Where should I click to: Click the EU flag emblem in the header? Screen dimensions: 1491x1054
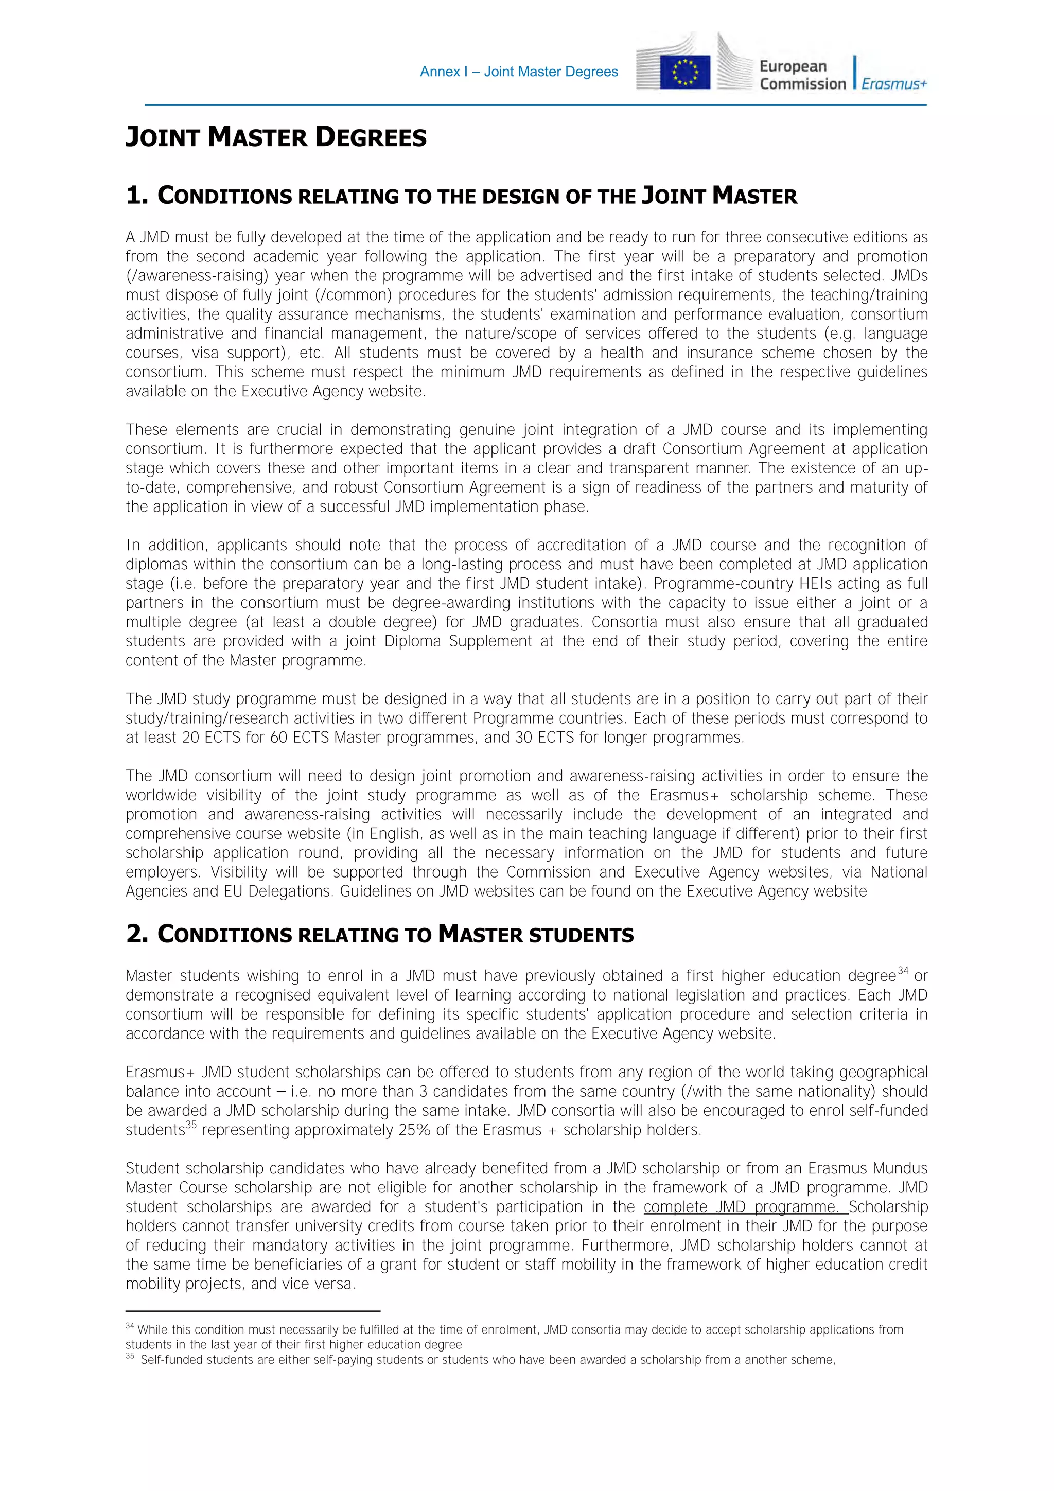684,72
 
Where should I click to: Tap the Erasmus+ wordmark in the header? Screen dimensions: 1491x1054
893,84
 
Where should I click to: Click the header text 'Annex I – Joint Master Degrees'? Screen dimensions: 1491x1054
519,72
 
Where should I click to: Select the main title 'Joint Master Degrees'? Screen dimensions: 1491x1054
276,137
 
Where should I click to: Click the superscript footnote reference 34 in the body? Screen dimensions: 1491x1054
903,971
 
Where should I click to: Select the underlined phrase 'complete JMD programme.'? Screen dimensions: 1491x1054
745,1206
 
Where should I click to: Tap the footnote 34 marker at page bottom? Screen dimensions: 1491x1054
130,1325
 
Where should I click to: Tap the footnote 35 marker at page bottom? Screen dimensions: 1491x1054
130,1356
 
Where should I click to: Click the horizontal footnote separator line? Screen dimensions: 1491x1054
253,1311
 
